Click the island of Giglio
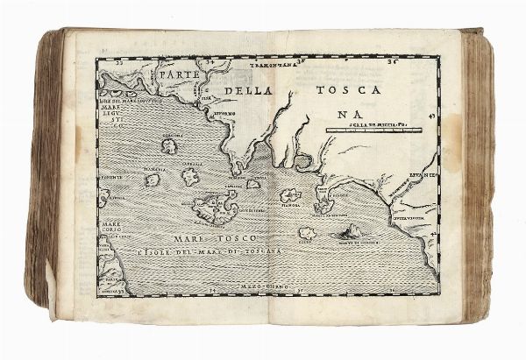(309, 234)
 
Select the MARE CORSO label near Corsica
(112, 236)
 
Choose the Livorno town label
(227, 114)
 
